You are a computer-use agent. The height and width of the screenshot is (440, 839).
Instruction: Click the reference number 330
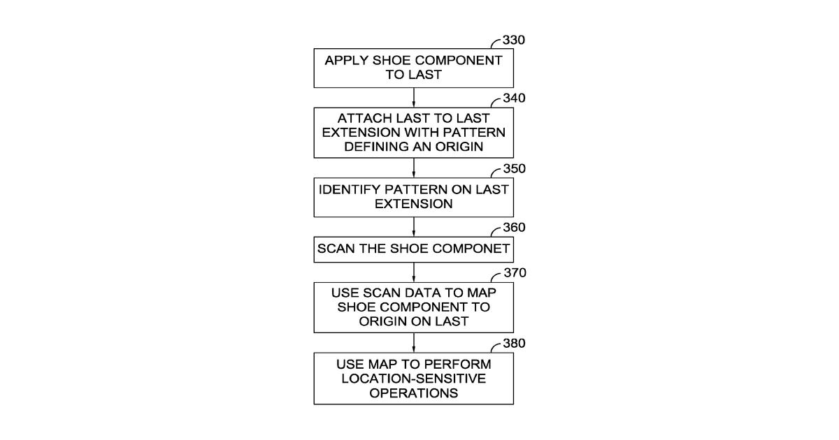click(x=513, y=40)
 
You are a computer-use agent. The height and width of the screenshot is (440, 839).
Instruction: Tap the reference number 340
click(x=514, y=98)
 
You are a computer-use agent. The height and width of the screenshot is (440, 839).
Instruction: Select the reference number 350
click(x=515, y=169)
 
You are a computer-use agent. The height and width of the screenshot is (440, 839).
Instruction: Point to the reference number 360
click(x=514, y=228)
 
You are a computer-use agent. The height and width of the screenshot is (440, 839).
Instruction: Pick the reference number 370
click(x=515, y=273)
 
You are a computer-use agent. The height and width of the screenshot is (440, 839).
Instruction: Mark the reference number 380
click(x=514, y=344)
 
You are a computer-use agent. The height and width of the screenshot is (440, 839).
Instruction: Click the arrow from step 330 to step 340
click(x=413, y=98)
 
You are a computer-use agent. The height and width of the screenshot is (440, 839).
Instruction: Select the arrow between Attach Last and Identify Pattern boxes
click(x=413, y=168)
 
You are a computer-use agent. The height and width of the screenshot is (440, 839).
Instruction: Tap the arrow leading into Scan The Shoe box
click(x=413, y=227)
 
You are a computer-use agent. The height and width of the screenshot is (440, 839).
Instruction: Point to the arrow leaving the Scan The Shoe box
click(x=413, y=272)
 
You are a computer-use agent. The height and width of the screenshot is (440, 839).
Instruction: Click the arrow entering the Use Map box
click(x=413, y=343)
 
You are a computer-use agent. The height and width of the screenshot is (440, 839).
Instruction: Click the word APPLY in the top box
click(x=346, y=61)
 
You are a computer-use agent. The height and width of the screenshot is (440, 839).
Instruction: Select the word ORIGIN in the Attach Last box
click(x=459, y=147)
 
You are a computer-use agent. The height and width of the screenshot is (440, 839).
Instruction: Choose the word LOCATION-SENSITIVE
click(x=413, y=379)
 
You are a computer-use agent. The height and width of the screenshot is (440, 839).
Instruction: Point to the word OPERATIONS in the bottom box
click(x=413, y=393)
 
